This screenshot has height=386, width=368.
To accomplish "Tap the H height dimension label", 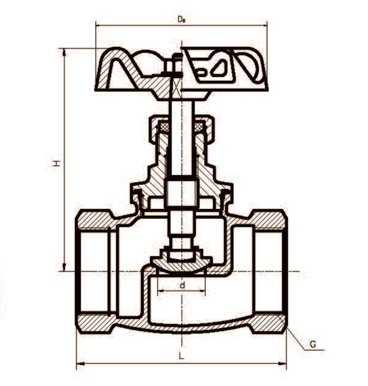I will tap(56, 162).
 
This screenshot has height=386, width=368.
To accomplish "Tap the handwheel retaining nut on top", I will tap(174, 66).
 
